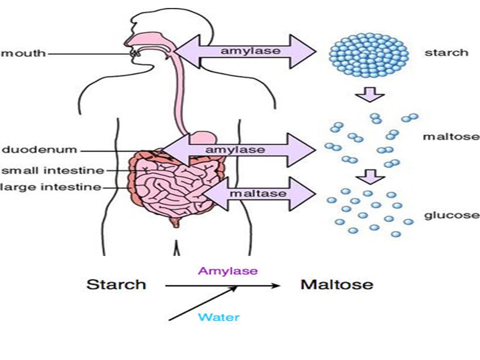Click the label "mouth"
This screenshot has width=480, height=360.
coord(23,53)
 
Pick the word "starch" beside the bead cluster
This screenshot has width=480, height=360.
coord(446,52)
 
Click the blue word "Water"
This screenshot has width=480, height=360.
coord(218,317)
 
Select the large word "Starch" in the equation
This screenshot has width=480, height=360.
coord(116,285)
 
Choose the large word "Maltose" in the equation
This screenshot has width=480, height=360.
coord(336,285)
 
